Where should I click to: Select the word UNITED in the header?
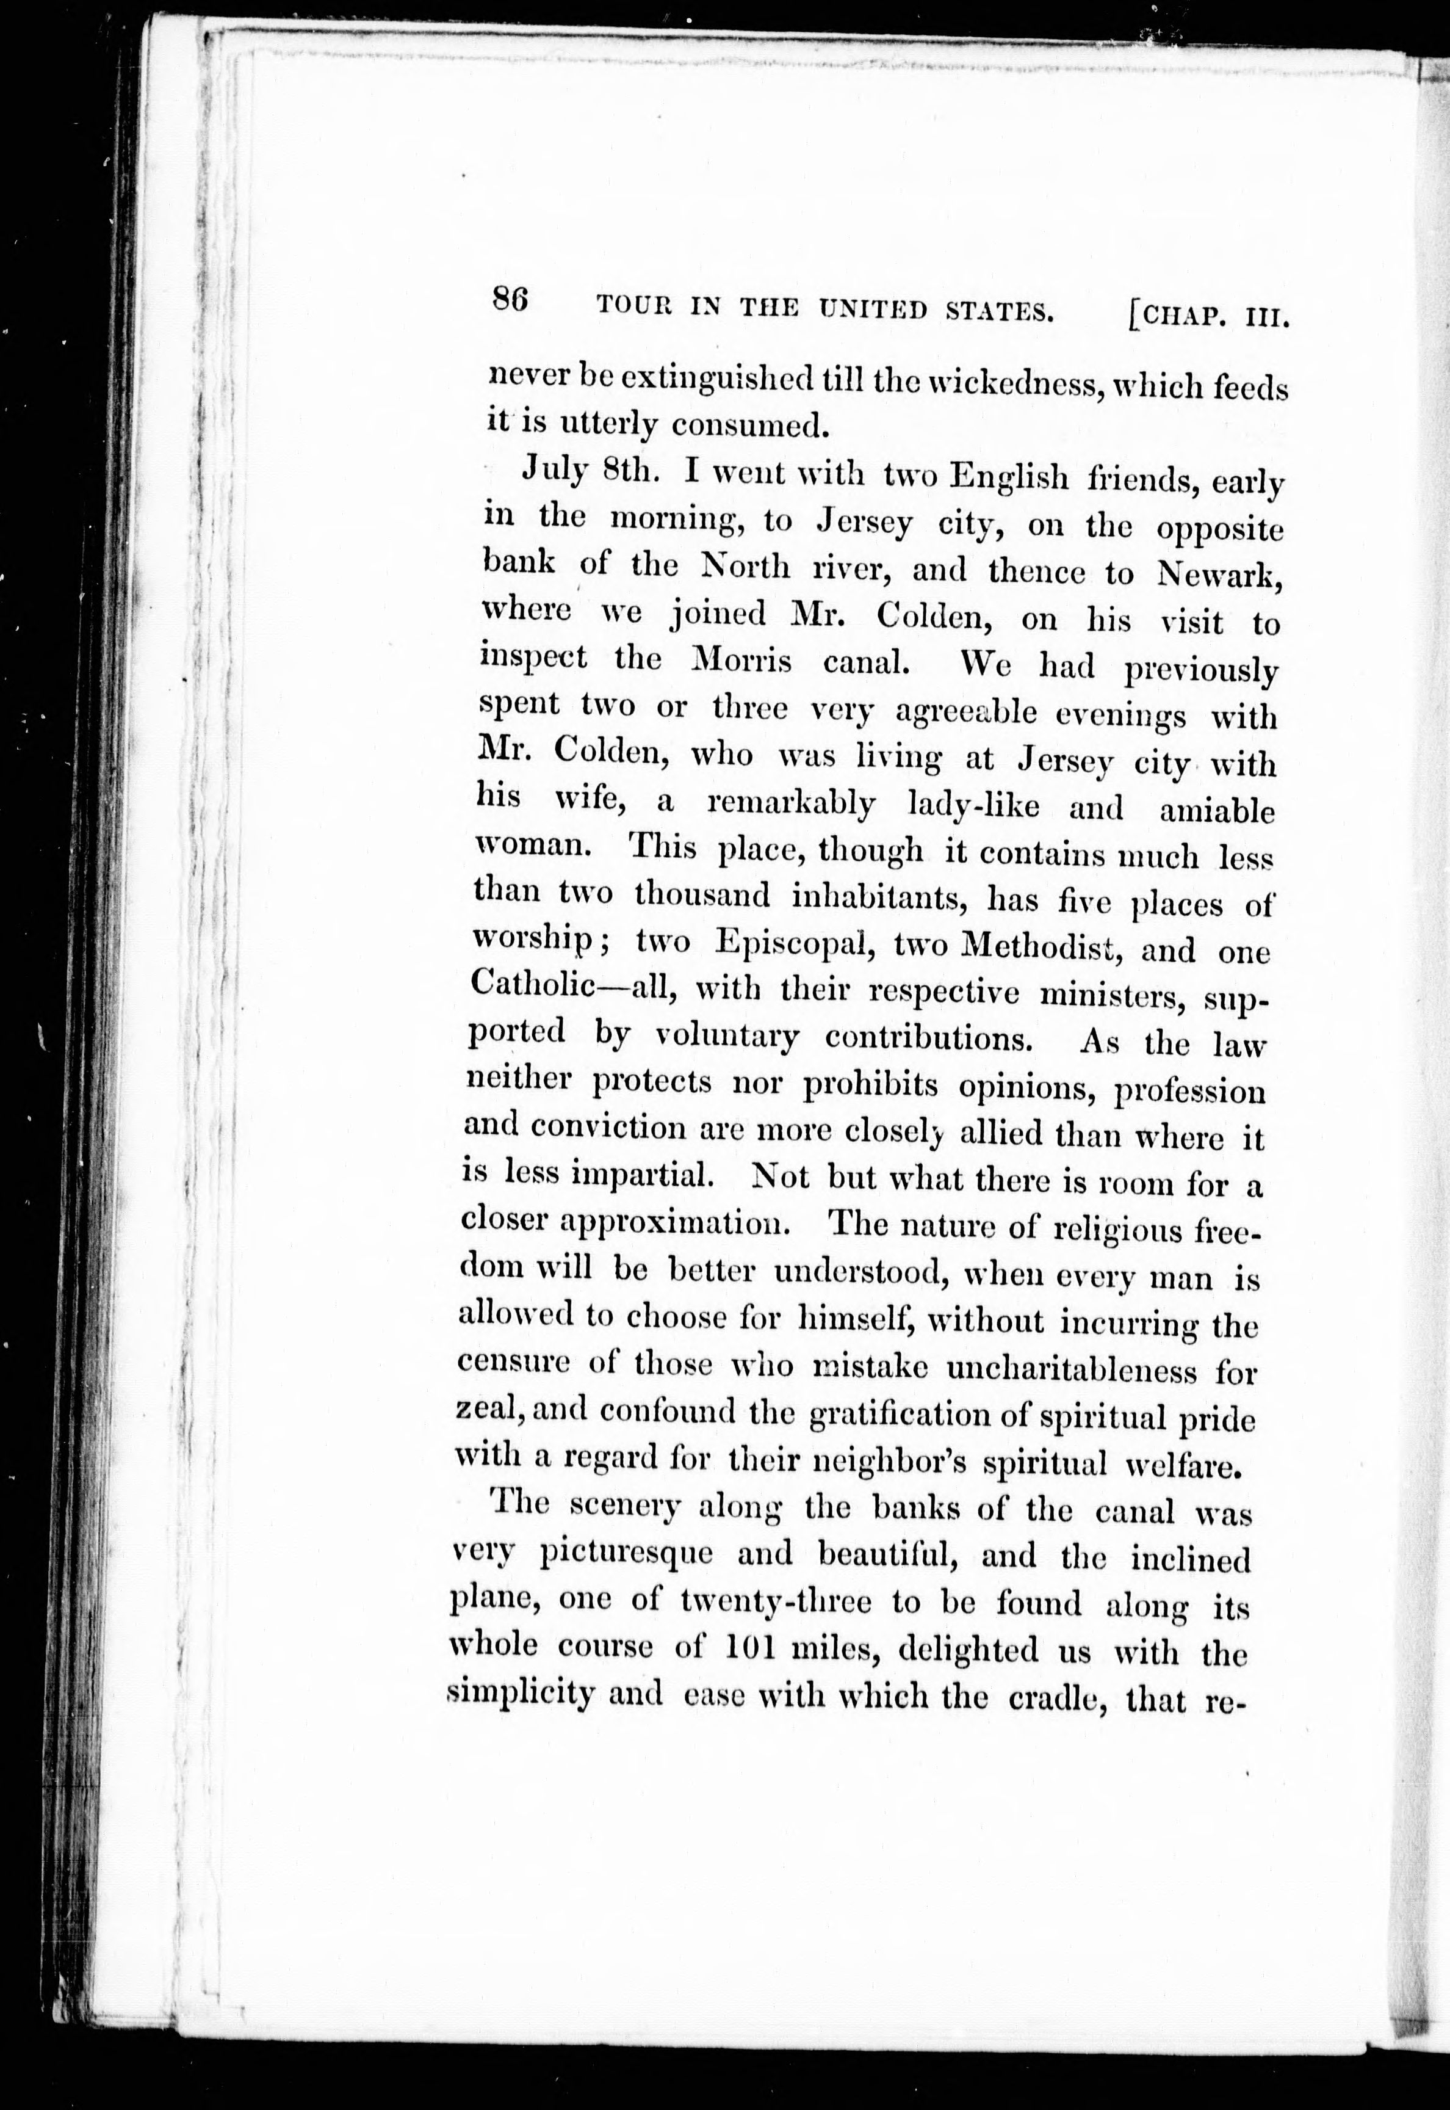click(871, 311)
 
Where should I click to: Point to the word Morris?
click(742, 658)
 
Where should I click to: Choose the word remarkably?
click(790, 803)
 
